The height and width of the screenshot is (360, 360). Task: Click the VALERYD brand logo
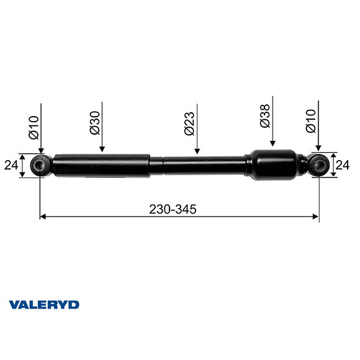(43, 305)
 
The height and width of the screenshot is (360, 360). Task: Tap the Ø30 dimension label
(95, 123)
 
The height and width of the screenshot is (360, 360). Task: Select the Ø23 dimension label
(189, 123)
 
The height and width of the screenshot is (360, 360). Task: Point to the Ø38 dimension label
(265, 115)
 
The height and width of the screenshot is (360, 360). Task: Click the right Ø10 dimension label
(310, 123)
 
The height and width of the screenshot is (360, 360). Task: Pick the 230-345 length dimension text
(173, 209)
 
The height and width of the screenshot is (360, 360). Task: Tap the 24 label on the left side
(10, 166)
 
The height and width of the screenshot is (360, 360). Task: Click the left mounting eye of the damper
(40, 166)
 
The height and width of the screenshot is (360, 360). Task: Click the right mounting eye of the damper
(318, 165)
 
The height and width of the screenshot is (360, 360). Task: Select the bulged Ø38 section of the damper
(272, 164)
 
